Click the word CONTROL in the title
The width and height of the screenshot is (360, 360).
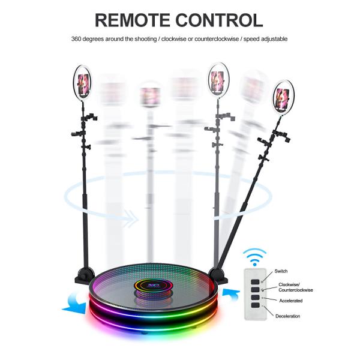(x=221, y=20)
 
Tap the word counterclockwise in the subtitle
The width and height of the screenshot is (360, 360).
(x=225, y=39)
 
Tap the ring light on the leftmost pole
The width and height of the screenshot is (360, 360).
(x=83, y=82)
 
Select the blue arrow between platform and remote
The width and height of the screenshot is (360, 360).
(x=232, y=293)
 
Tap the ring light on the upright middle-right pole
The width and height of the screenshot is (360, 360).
(x=217, y=80)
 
